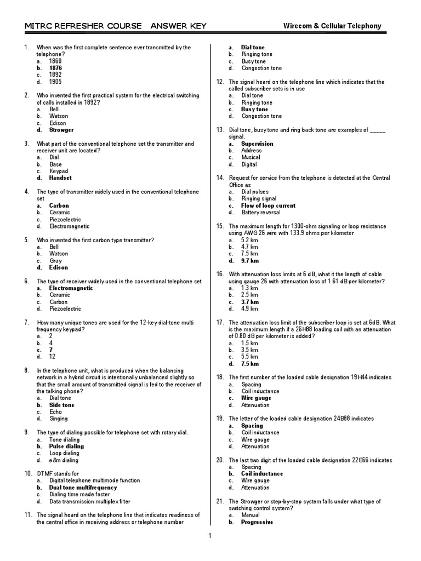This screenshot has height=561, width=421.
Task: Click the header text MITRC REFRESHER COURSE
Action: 78,26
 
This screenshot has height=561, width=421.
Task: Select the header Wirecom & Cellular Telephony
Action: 332,26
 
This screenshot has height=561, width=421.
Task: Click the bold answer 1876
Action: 55,68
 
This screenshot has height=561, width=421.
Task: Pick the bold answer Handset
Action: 60,178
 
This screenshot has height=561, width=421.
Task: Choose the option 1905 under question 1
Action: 55,82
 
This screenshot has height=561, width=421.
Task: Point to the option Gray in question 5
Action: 55,261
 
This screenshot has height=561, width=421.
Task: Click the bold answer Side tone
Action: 61,405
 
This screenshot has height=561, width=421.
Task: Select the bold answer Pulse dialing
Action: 66,446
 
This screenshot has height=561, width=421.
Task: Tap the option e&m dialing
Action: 64,460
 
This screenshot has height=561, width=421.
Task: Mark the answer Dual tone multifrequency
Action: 83,487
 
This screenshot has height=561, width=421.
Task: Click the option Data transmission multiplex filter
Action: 89,501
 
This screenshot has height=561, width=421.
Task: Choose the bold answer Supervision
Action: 257,144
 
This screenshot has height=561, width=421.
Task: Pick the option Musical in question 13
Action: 251,157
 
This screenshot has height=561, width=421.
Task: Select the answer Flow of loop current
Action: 268,205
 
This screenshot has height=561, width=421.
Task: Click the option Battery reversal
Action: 260,213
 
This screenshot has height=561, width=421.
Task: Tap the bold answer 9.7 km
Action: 250,261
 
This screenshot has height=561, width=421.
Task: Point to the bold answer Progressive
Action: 257,522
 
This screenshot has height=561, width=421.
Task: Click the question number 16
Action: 220,274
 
